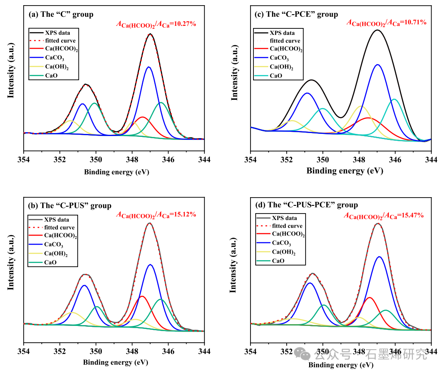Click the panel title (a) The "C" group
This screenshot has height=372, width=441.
61,14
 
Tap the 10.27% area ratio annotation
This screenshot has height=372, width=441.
156,24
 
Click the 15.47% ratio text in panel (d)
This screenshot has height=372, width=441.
383,215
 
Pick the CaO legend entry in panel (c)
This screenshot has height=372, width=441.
275,76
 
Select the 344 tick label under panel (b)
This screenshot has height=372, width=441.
204,351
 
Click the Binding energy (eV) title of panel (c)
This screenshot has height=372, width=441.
344,170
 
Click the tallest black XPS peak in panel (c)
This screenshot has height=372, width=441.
378,30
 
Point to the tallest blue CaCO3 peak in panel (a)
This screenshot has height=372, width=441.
149,67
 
